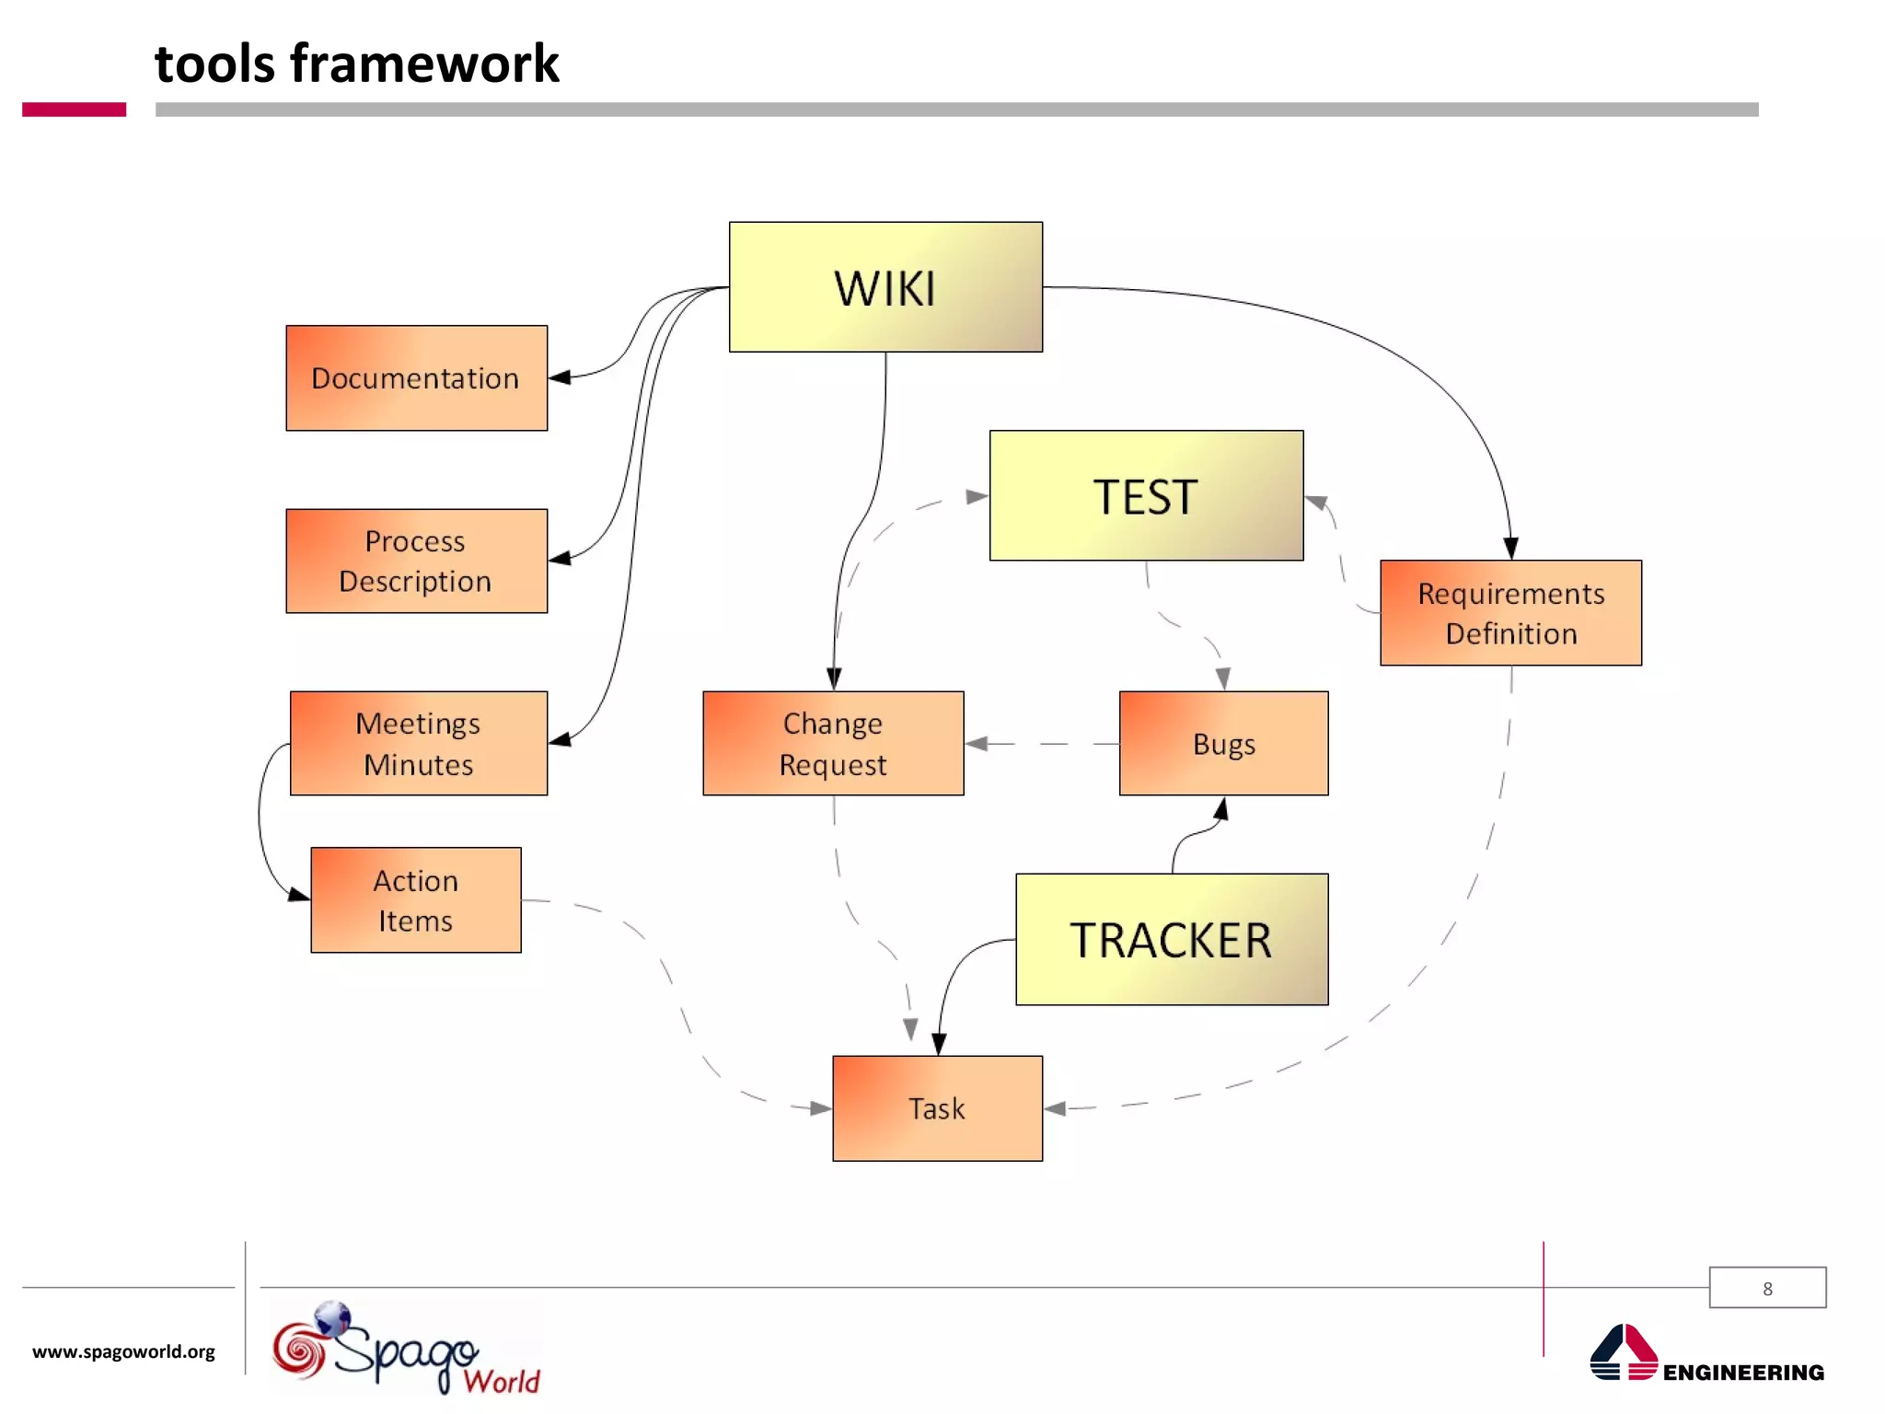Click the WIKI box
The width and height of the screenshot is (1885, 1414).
885,287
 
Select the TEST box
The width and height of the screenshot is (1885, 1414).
1146,495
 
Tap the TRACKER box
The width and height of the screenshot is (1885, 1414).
1171,939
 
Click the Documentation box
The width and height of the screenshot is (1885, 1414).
416,378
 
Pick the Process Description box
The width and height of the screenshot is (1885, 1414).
416,561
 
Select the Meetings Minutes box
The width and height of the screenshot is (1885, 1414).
419,743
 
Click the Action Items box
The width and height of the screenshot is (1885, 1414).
416,899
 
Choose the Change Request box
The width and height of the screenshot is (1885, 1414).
833,743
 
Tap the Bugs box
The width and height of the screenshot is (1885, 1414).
1223,743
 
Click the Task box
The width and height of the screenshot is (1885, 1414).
937,1107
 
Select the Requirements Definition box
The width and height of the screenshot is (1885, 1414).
1510,613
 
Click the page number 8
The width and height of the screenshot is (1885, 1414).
1767,1288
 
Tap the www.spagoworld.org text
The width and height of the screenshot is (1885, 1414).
123,1351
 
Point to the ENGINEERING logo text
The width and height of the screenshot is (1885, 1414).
1742,1372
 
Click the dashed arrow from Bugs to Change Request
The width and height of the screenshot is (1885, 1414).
1040,744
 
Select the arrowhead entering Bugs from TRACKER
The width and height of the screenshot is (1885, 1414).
1221,809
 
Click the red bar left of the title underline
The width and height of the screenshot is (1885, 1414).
74,110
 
